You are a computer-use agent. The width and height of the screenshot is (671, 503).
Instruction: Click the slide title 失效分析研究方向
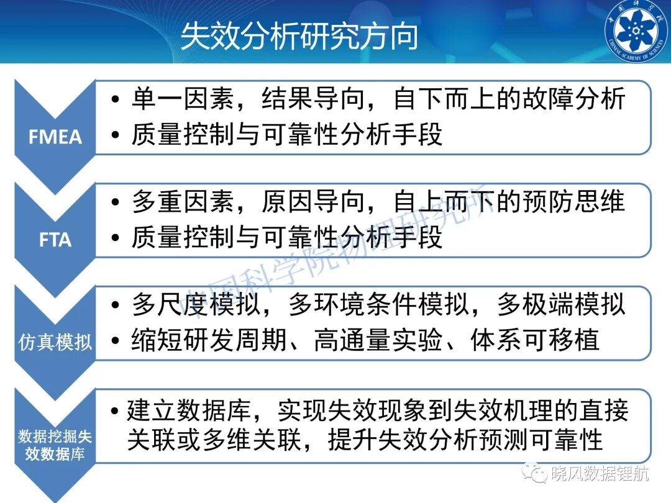299,37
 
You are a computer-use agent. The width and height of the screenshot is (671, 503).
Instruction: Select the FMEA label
55,137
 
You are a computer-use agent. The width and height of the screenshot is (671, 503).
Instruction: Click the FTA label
55,240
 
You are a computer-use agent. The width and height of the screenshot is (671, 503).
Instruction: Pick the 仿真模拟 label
55,342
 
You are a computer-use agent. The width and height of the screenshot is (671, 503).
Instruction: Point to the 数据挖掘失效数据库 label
55,445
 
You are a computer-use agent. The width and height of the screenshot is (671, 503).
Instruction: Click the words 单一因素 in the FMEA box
182,99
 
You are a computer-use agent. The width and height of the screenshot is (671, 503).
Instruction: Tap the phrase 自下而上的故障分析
509,99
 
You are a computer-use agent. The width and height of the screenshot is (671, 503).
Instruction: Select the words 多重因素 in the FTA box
182,201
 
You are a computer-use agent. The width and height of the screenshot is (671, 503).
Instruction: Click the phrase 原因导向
313,201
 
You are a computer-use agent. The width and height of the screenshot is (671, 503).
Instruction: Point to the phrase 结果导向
313,99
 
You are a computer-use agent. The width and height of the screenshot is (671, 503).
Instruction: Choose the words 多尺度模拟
196,304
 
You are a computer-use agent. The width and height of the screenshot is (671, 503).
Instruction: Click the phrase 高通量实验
378,340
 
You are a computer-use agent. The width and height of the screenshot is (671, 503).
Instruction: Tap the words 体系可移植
534,340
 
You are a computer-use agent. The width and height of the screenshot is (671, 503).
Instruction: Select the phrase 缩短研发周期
209,340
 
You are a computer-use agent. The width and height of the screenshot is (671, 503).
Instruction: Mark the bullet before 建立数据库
114,410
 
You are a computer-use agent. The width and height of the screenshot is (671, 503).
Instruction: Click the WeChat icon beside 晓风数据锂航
534,473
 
